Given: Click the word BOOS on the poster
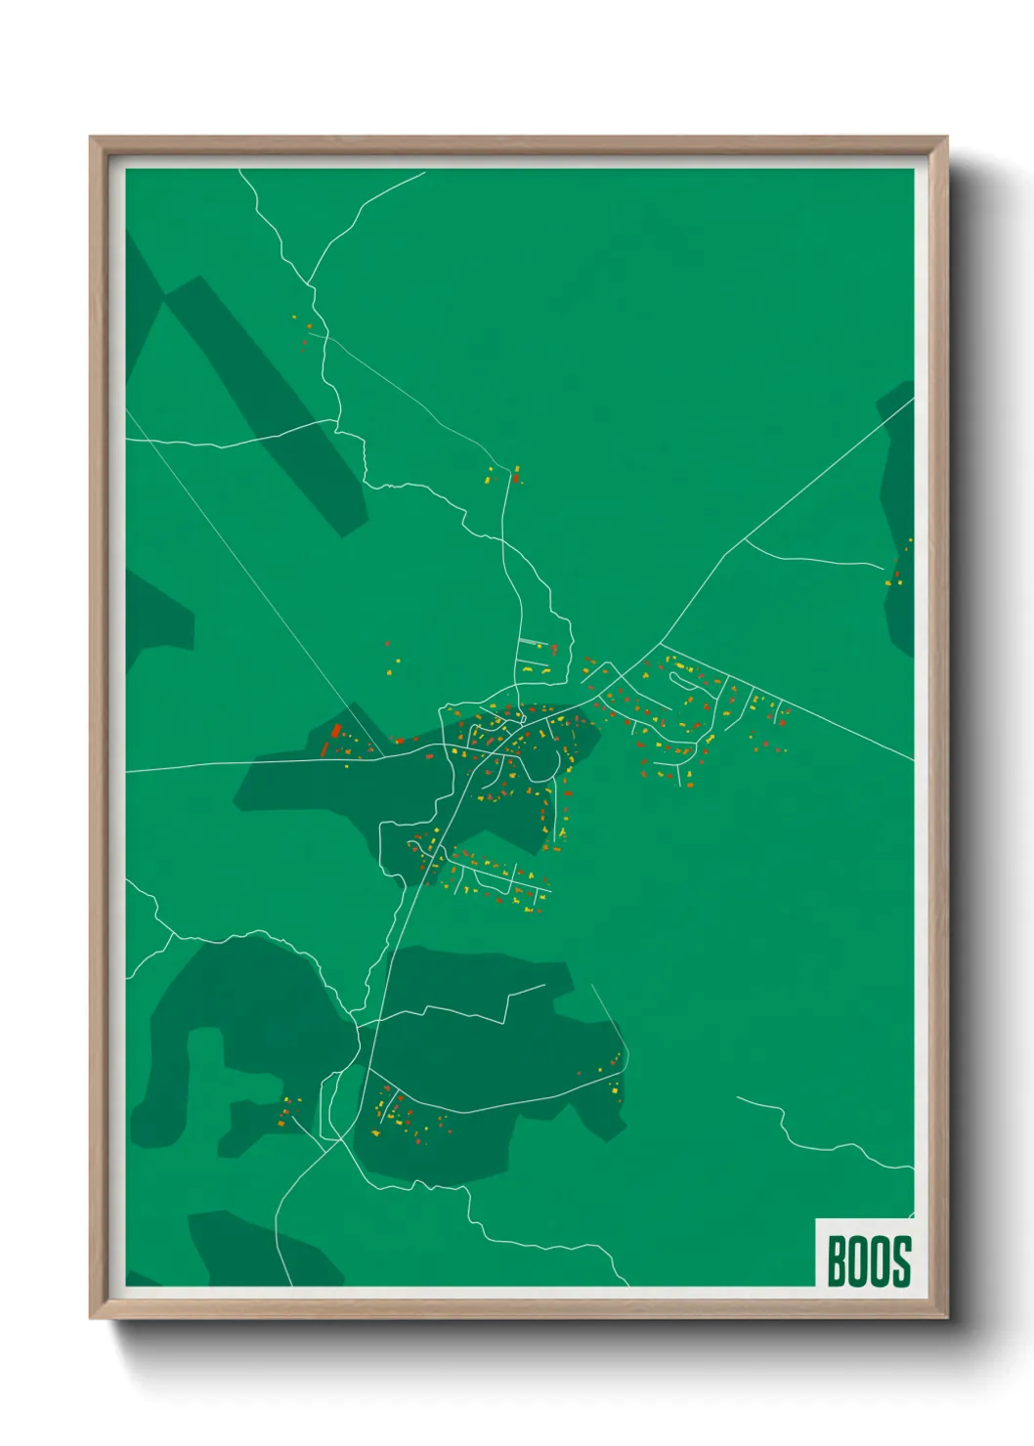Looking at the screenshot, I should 869,1261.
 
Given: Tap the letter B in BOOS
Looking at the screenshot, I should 838,1261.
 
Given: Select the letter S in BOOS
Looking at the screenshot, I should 901,1261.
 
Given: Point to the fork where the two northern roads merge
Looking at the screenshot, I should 313,285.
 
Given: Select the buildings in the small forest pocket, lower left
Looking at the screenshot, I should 285,1111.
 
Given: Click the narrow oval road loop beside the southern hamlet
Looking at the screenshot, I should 332,1104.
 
